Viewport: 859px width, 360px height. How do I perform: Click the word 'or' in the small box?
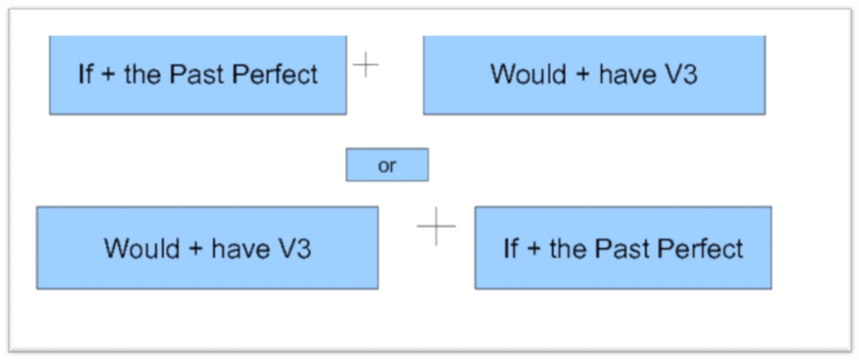tap(387, 166)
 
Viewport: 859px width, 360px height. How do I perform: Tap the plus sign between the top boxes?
tap(366, 65)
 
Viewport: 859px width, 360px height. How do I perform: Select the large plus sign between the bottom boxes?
tap(436, 226)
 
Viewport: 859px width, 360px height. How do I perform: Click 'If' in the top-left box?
tap(86, 73)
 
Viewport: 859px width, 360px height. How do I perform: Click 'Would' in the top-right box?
tap(525, 73)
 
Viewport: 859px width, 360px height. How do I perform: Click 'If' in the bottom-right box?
tap(511, 249)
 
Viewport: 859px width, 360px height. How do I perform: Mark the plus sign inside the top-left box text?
tap(109, 75)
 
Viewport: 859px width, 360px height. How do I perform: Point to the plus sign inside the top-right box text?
tap(579, 75)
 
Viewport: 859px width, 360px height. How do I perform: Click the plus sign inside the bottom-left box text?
tap(195, 249)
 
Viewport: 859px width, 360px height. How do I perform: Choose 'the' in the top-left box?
tap(143, 73)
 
